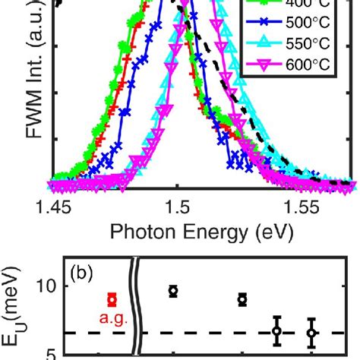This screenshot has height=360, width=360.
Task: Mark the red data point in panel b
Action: [112, 299]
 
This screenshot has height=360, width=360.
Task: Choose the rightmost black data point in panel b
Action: [311, 333]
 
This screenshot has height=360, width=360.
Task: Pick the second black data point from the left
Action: [242, 299]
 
